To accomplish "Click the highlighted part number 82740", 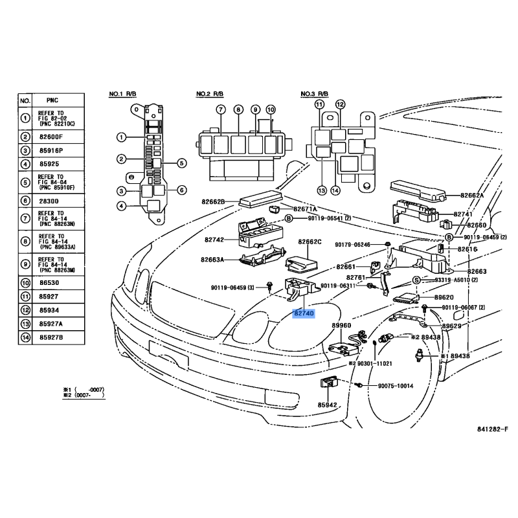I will point(304,313).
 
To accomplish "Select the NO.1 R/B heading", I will point(122,95).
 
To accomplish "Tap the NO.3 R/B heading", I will point(315,95).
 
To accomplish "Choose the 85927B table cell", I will point(51,337).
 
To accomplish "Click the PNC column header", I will point(52,101).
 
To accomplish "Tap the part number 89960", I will point(341,326).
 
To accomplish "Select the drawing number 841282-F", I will point(493,429).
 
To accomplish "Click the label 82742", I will point(214,240).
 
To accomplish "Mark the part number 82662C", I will point(310,242).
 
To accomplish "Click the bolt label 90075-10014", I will point(396,386).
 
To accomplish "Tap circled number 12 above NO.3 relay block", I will point(341,104).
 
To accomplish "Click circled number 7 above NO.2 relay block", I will point(220,109).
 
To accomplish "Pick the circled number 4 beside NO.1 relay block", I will point(120,207).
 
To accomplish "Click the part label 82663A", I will point(212,260).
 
